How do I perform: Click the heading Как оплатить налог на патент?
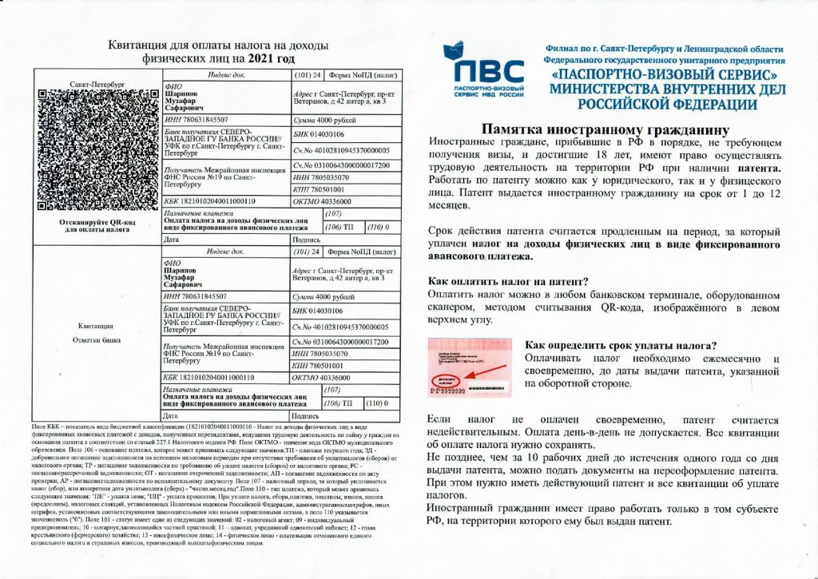508,281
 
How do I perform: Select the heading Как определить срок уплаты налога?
620,346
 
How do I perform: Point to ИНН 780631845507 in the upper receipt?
195,118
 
